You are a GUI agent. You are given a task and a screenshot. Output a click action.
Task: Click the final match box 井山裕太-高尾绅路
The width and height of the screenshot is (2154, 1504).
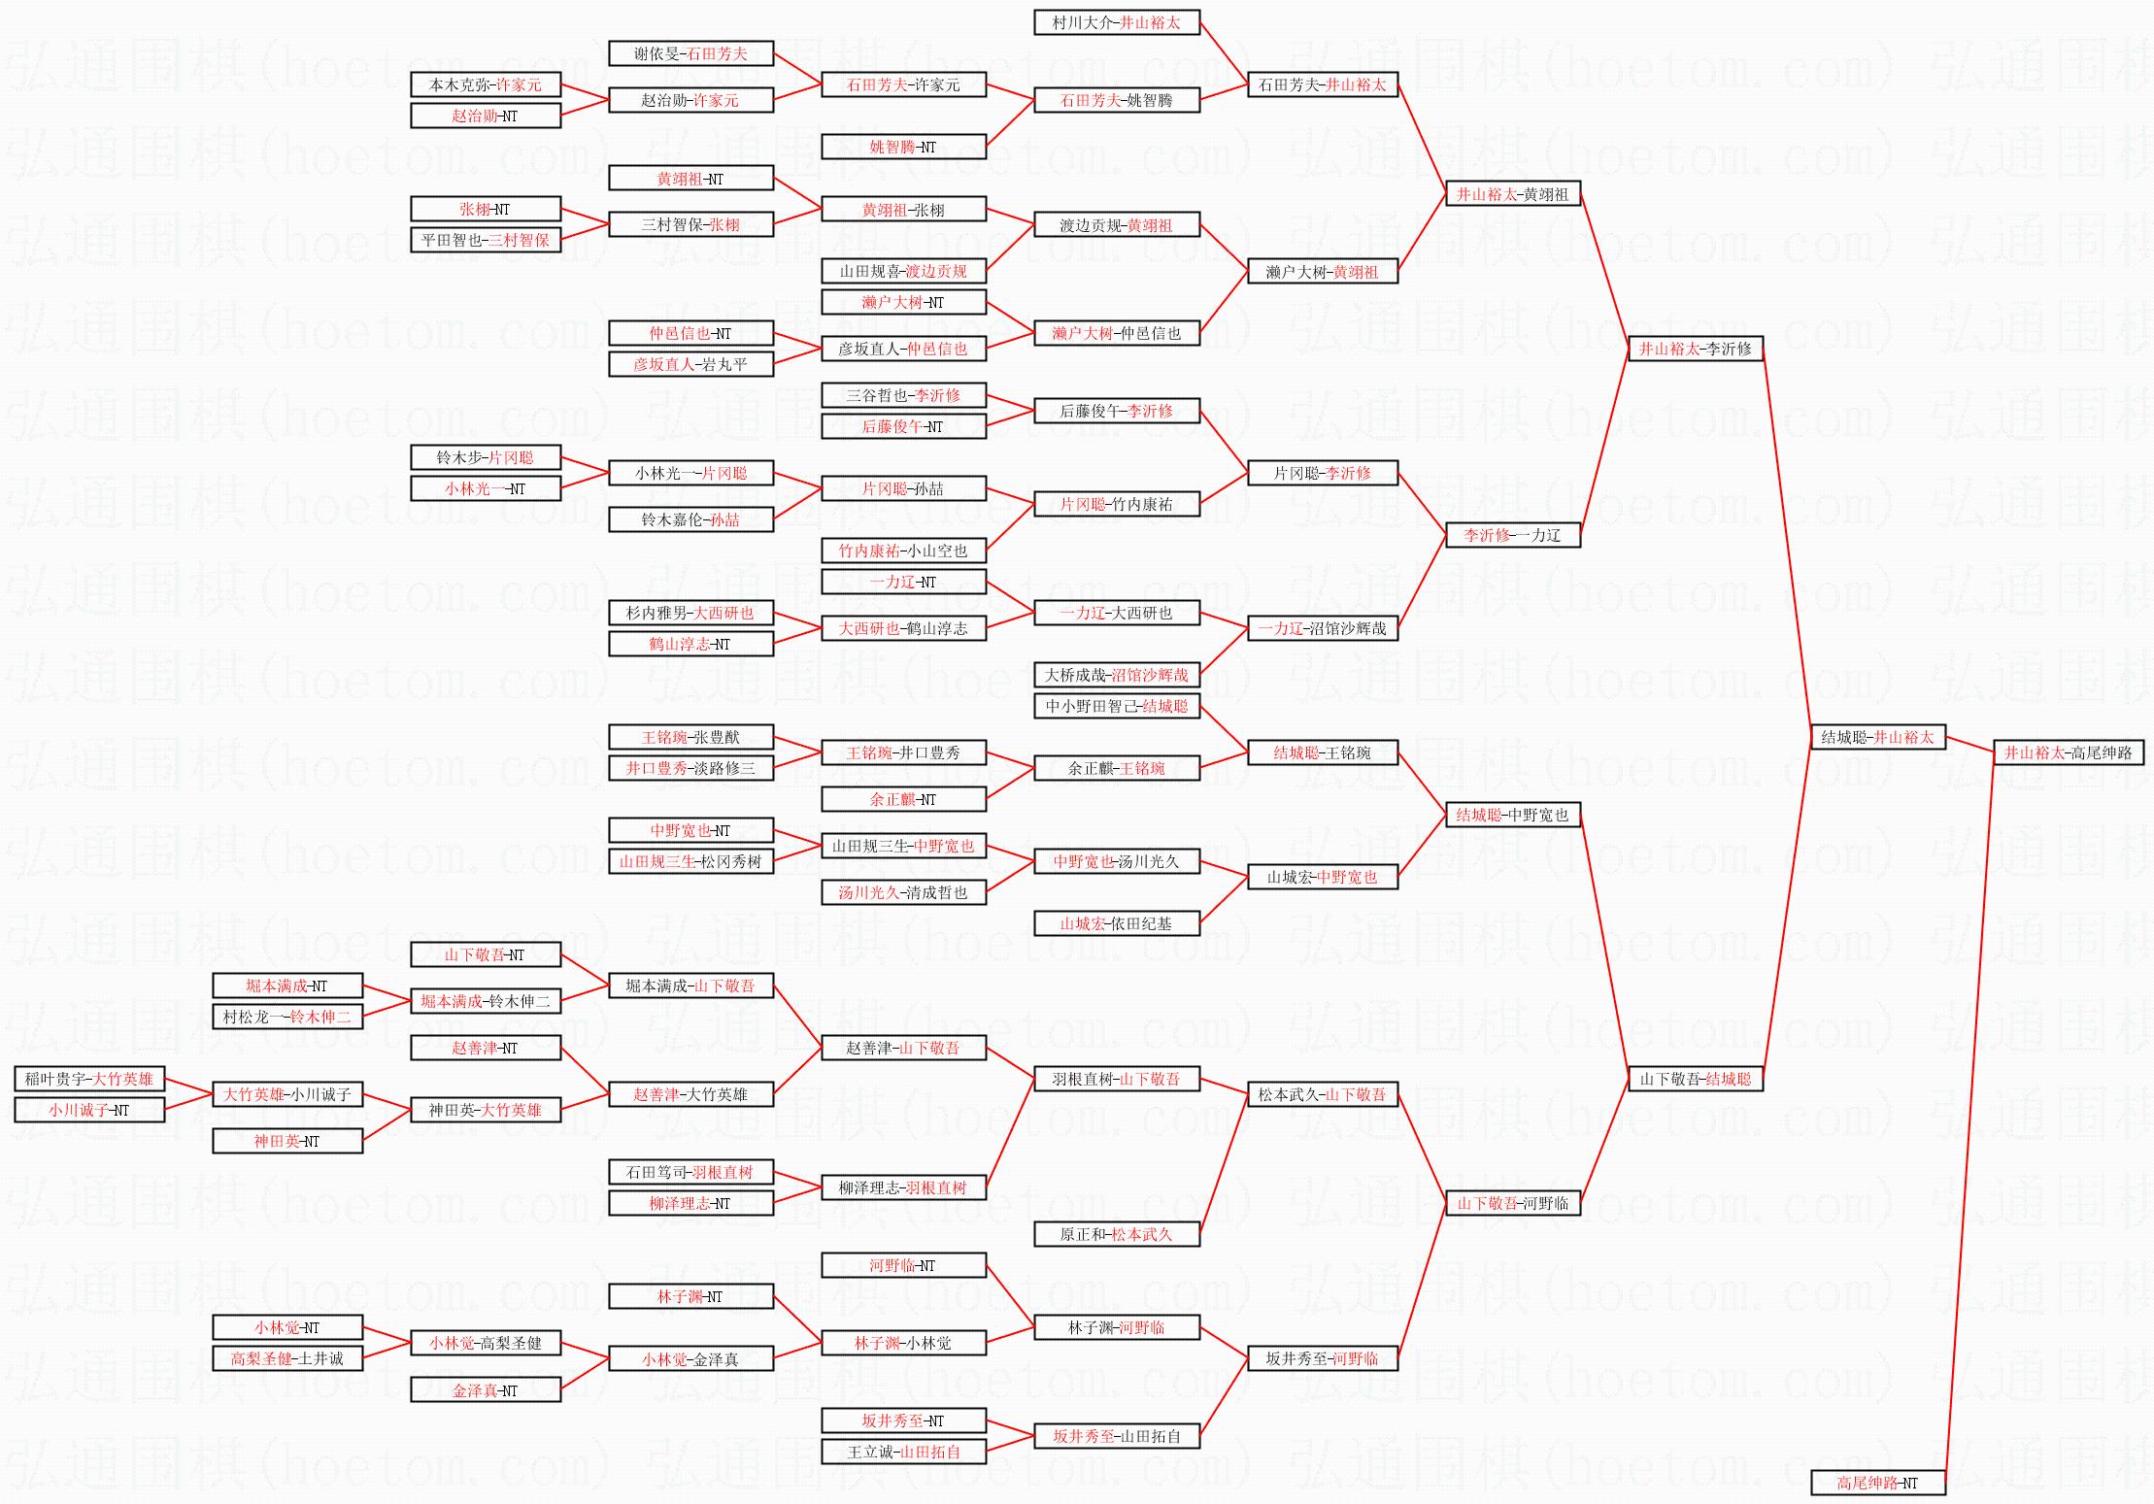pos(2068,752)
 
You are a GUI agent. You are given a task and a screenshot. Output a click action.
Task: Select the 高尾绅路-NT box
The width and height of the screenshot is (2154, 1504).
pos(1877,1483)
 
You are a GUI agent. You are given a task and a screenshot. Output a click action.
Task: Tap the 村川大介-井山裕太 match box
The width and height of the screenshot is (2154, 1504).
pos(1116,22)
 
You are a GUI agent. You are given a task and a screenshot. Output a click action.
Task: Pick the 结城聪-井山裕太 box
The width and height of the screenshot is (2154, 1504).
pos(1877,737)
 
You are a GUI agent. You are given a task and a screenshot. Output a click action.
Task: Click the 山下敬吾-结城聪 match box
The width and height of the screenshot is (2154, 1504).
pos(1695,1079)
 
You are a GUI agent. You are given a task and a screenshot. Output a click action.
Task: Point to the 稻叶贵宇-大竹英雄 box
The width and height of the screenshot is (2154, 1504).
pos(89,1079)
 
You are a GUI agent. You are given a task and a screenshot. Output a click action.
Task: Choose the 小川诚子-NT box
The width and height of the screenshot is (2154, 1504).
pos(89,1110)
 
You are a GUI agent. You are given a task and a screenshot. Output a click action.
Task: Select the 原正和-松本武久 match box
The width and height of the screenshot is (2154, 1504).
pos(1116,1234)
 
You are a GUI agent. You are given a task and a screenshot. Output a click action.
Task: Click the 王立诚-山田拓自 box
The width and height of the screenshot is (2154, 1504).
pos(903,1452)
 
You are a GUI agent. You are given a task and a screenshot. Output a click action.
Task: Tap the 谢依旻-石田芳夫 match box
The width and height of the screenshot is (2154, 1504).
pos(690,53)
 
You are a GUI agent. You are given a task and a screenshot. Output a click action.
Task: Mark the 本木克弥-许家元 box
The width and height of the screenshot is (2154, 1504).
pos(485,84)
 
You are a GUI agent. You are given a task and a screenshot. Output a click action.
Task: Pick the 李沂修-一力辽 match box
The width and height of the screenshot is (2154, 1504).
pos(1512,535)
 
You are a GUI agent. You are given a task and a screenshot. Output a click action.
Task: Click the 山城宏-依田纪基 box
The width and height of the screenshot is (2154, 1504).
pos(1116,923)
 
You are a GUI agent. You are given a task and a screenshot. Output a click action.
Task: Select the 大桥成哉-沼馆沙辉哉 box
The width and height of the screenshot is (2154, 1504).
pos(1116,675)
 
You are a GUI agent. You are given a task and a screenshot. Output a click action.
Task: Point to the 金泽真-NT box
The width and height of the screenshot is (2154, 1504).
pos(485,1390)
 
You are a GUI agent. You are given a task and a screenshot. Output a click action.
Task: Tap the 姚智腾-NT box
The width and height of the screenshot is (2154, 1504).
pos(903,147)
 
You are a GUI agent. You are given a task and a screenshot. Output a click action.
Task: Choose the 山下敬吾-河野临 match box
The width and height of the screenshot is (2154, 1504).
pos(1512,1203)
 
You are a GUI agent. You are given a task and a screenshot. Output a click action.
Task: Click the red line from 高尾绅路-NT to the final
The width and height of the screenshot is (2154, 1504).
pos(1969,1117)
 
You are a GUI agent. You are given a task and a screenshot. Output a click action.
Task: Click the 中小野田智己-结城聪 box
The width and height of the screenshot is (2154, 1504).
pos(1116,706)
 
